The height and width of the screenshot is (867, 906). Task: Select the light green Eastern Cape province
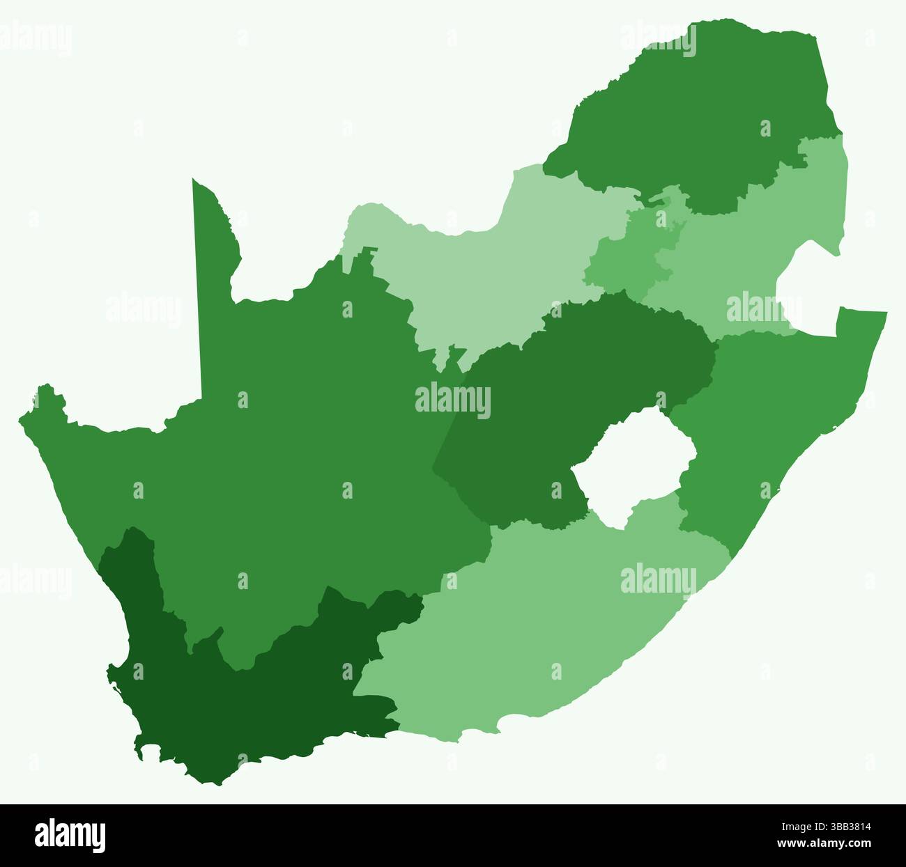(544, 627)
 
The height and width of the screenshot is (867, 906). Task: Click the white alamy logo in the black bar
(70, 835)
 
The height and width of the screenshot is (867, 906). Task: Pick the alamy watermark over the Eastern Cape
(658, 580)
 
